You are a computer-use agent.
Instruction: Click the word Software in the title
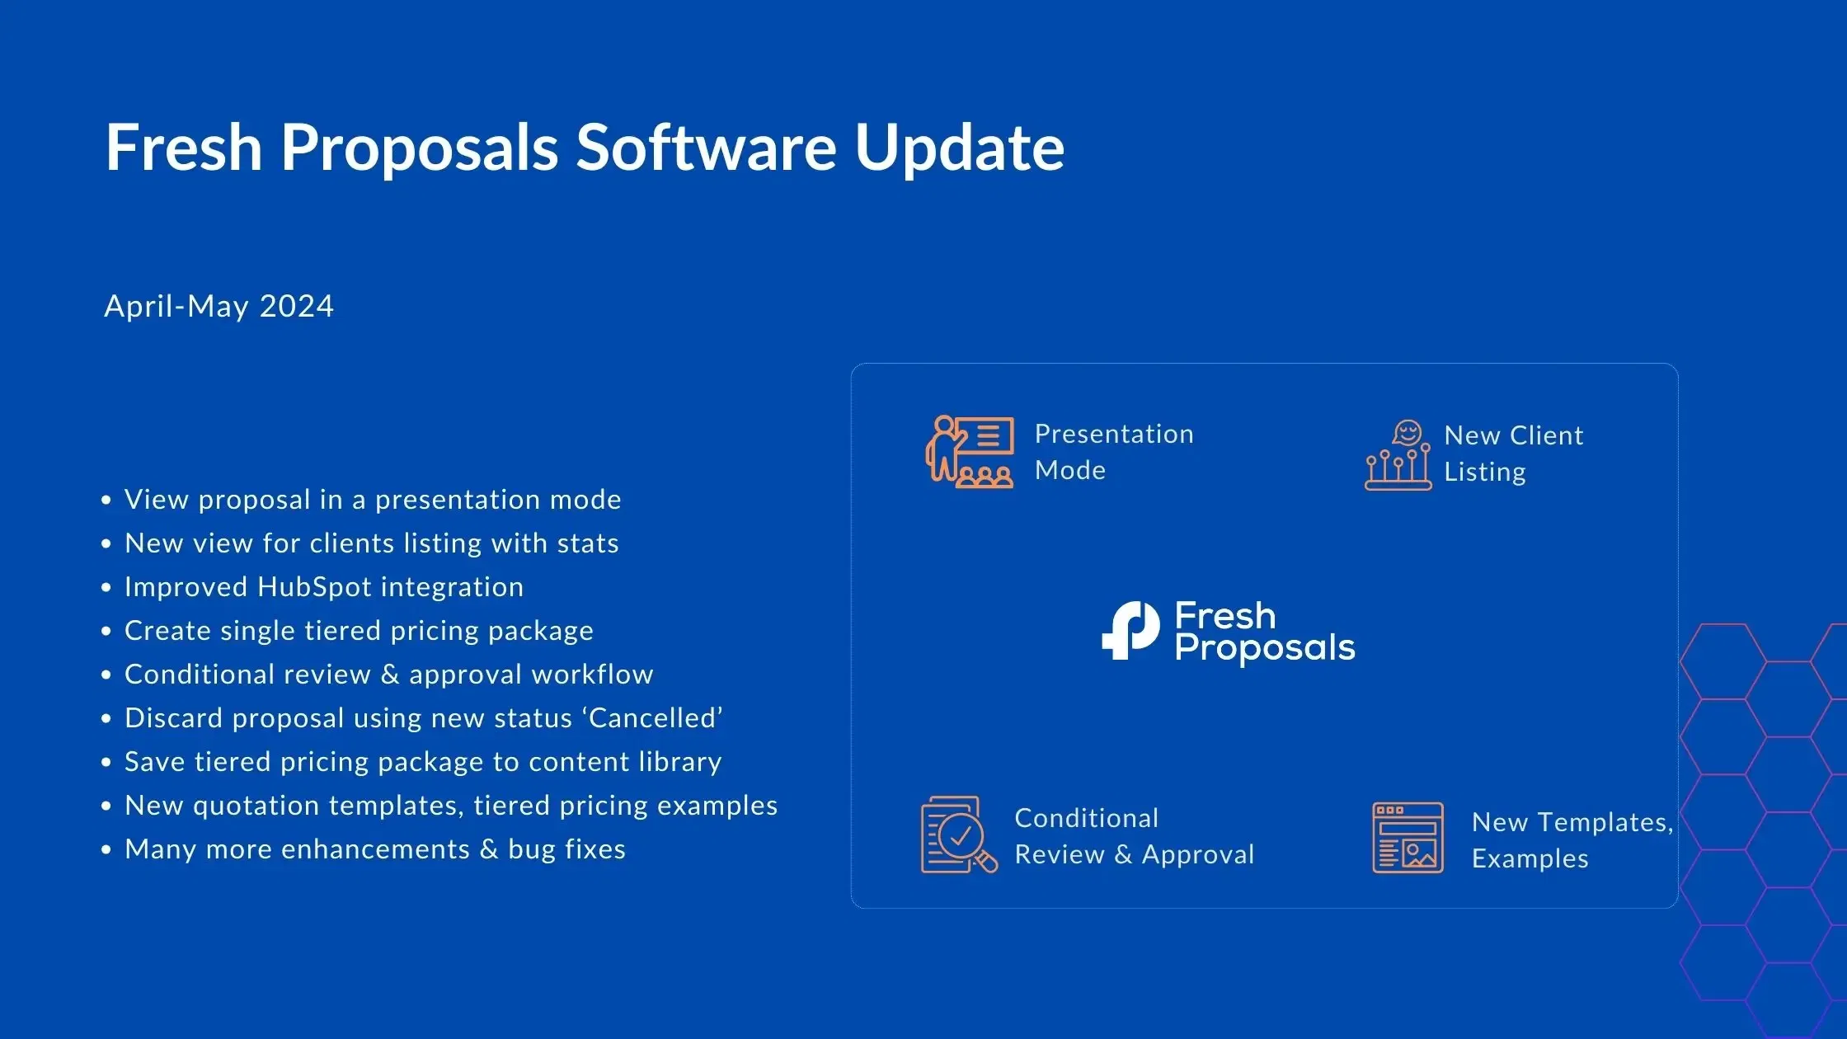click(706, 147)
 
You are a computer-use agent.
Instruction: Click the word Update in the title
click(959, 148)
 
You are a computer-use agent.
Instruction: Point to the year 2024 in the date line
click(296, 306)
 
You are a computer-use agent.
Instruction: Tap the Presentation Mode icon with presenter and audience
click(970, 452)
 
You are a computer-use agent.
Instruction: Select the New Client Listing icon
click(1398, 455)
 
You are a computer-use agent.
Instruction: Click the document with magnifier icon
click(959, 834)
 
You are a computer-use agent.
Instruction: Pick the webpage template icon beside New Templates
click(1408, 838)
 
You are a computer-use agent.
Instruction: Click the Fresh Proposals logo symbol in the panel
click(1130, 631)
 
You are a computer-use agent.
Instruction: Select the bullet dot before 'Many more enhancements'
click(106, 850)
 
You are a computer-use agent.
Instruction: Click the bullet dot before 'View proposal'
click(106, 501)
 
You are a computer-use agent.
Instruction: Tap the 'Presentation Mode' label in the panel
click(1114, 452)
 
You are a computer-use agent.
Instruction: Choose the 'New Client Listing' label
click(1514, 454)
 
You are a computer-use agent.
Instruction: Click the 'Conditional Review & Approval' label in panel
click(1135, 836)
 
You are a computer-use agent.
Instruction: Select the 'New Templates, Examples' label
click(1572, 840)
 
